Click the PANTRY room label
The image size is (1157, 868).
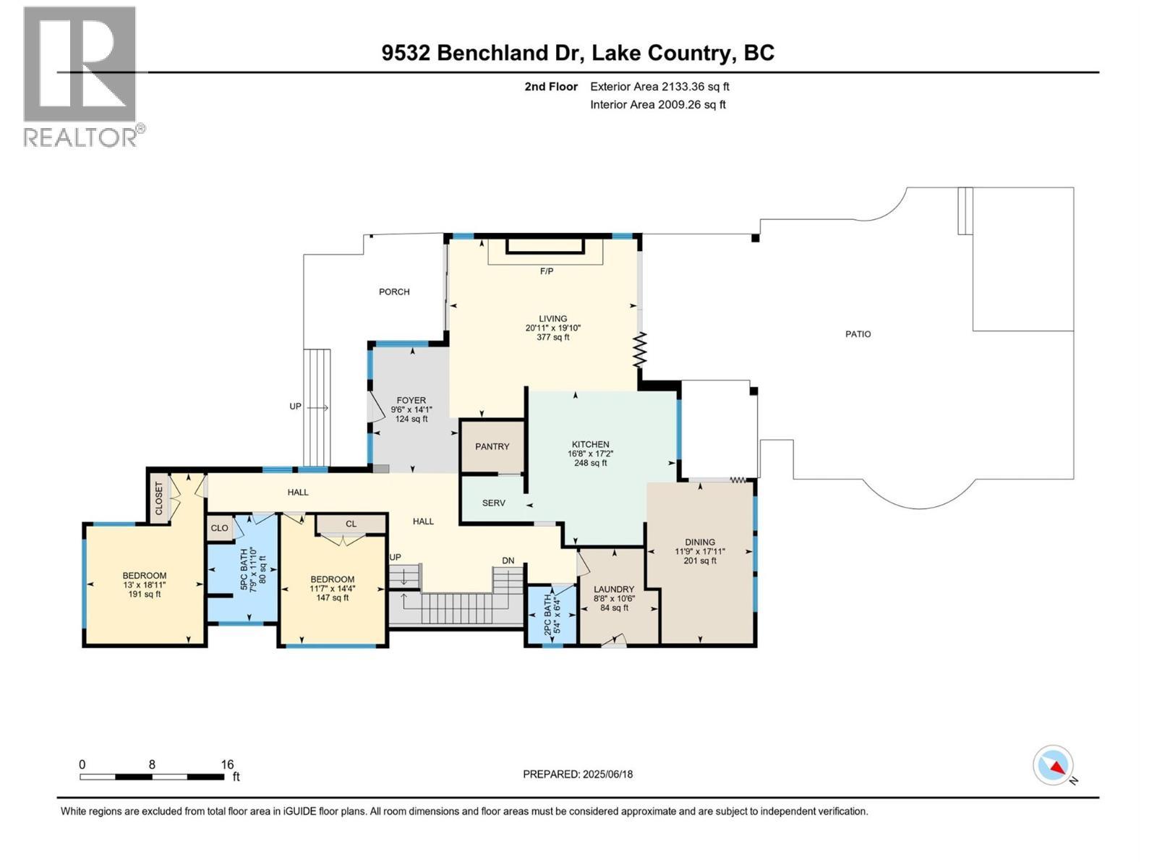[x=492, y=446]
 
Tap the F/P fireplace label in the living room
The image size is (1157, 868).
[x=547, y=271]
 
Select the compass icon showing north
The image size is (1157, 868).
[x=1053, y=765]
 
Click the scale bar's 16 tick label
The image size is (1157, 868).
[x=227, y=765]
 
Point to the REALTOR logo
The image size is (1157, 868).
[x=80, y=76]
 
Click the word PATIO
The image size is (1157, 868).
[x=858, y=334]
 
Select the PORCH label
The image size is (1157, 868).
[x=394, y=292]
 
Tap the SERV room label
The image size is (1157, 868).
[x=493, y=503]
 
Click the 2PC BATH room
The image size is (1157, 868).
[x=551, y=614]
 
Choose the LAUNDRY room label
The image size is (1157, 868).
[x=614, y=589]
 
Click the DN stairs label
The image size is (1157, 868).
[x=508, y=561]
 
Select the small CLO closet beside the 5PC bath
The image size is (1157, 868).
[x=219, y=528]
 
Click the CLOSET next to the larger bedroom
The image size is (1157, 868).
[x=159, y=498]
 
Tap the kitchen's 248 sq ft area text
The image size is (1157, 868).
[x=590, y=463]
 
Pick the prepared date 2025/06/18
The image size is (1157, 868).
[x=607, y=774]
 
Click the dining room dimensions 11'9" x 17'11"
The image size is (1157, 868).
[x=699, y=551]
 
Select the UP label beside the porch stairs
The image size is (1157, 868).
[x=295, y=407]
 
